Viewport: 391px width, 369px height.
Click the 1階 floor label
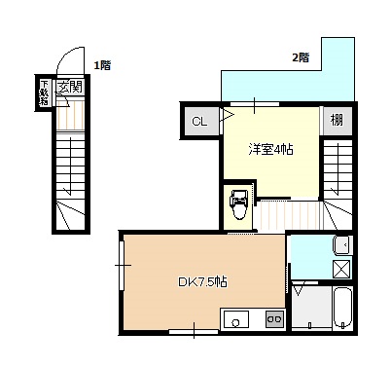[x=102, y=65]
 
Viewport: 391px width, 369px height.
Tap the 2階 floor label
[x=301, y=57]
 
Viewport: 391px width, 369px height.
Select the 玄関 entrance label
[x=70, y=87]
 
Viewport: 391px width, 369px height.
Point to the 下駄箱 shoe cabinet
[x=44, y=92]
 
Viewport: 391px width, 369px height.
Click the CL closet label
[x=199, y=122]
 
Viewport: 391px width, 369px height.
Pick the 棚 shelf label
[x=337, y=120]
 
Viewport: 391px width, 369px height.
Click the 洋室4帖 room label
[x=271, y=150]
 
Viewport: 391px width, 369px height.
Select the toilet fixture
[x=238, y=205]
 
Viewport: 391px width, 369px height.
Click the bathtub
[x=342, y=308]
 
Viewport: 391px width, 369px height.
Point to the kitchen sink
[x=235, y=318]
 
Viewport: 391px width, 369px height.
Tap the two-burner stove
[x=275, y=318]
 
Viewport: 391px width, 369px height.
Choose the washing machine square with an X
[x=342, y=269]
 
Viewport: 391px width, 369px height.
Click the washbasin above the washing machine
[x=342, y=245]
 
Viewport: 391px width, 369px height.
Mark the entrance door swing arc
[x=68, y=56]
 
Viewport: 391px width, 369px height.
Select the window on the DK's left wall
[x=122, y=266]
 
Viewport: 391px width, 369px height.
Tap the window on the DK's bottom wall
[x=194, y=332]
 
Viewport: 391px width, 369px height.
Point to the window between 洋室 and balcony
[x=255, y=104]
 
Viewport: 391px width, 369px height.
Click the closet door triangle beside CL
[x=227, y=115]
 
